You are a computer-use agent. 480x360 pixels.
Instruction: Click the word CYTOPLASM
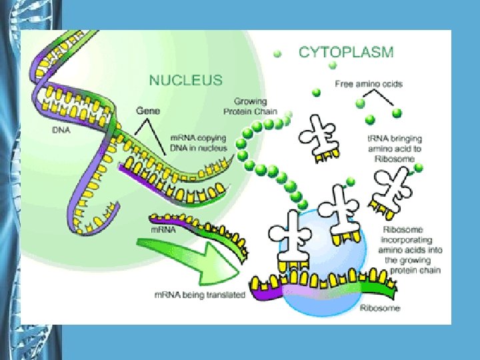(x=346, y=51)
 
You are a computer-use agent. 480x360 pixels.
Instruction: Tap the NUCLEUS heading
(x=185, y=81)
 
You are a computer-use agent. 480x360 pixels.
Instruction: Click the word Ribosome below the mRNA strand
(x=379, y=308)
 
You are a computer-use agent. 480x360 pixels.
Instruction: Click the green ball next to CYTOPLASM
(x=278, y=53)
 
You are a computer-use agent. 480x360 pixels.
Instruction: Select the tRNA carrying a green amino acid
(x=393, y=187)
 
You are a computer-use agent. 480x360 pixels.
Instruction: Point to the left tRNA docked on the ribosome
(x=291, y=240)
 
